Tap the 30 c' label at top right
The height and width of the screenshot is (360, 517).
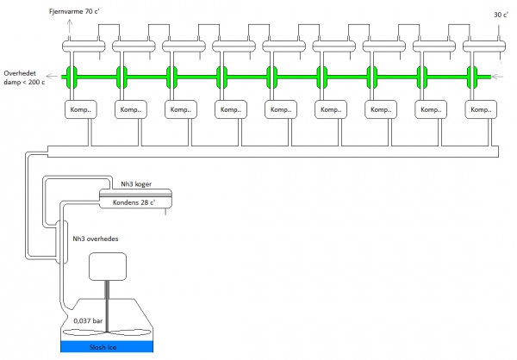(499, 15)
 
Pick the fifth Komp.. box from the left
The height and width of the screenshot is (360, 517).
(281, 111)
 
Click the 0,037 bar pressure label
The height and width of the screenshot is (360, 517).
(87, 320)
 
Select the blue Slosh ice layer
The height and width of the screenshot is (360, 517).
(106, 346)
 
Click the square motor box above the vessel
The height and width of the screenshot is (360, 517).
(108, 268)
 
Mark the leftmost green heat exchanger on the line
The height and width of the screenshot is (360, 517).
(72, 76)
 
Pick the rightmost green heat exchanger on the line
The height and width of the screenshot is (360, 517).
(472, 76)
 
